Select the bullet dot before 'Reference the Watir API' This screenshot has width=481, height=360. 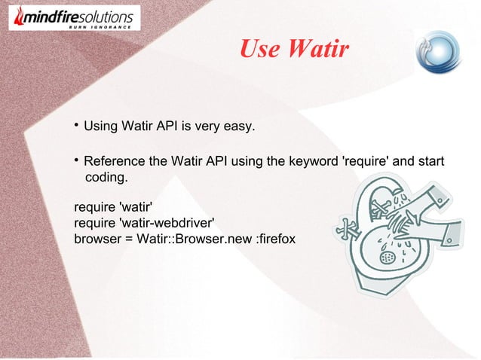[77, 160]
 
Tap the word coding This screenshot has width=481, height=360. [106, 178]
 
